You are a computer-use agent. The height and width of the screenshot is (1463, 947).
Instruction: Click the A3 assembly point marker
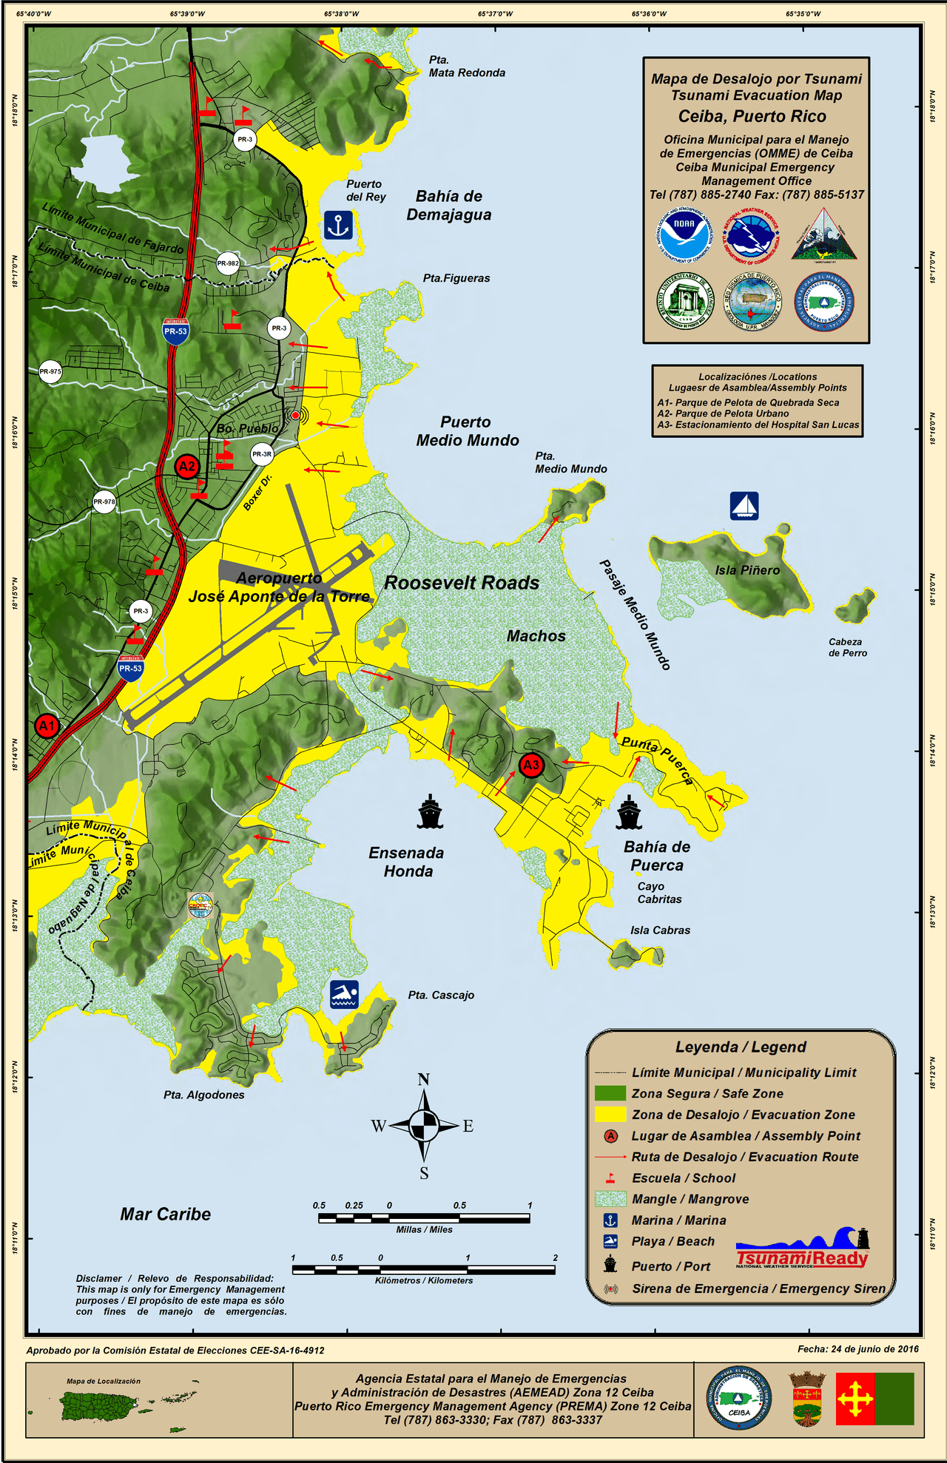pos(531,765)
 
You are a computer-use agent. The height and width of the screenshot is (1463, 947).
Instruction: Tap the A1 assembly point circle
pos(47,726)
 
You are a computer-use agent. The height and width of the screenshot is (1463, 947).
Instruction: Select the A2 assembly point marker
pos(186,466)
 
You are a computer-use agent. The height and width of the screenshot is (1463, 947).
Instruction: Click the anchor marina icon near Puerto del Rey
pos(338,225)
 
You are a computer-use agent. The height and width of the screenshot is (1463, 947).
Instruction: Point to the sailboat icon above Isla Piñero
pos(744,506)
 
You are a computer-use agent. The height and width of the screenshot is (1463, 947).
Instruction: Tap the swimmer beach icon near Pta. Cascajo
pos(344,995)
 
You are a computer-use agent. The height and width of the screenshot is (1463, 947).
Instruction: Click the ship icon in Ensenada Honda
pos(430,811)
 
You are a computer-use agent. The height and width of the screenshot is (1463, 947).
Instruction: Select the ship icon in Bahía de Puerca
pos(628,812)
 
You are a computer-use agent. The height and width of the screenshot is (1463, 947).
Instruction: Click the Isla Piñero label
pos(747,570)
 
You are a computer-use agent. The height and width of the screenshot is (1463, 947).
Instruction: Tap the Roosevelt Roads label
pos(462,583)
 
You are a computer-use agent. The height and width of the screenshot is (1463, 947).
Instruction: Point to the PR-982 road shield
pos(228,263)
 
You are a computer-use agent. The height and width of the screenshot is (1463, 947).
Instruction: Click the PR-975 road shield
pos(50,372)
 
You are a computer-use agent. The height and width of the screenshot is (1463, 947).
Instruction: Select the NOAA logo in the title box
pos(684,235)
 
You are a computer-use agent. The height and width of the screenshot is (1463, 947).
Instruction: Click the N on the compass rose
pos(423,1079)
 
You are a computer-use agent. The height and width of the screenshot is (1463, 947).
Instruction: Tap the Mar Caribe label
pos(166,1214)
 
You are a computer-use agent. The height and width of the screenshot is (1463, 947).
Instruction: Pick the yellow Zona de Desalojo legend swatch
pos(610,1115)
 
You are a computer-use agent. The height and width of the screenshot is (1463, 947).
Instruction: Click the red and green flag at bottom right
pos(875,1399)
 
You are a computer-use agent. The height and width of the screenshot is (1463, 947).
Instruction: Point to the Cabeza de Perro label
pos(848,647)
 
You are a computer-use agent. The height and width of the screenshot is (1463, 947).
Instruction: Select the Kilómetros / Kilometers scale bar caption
pos(424,1280)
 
